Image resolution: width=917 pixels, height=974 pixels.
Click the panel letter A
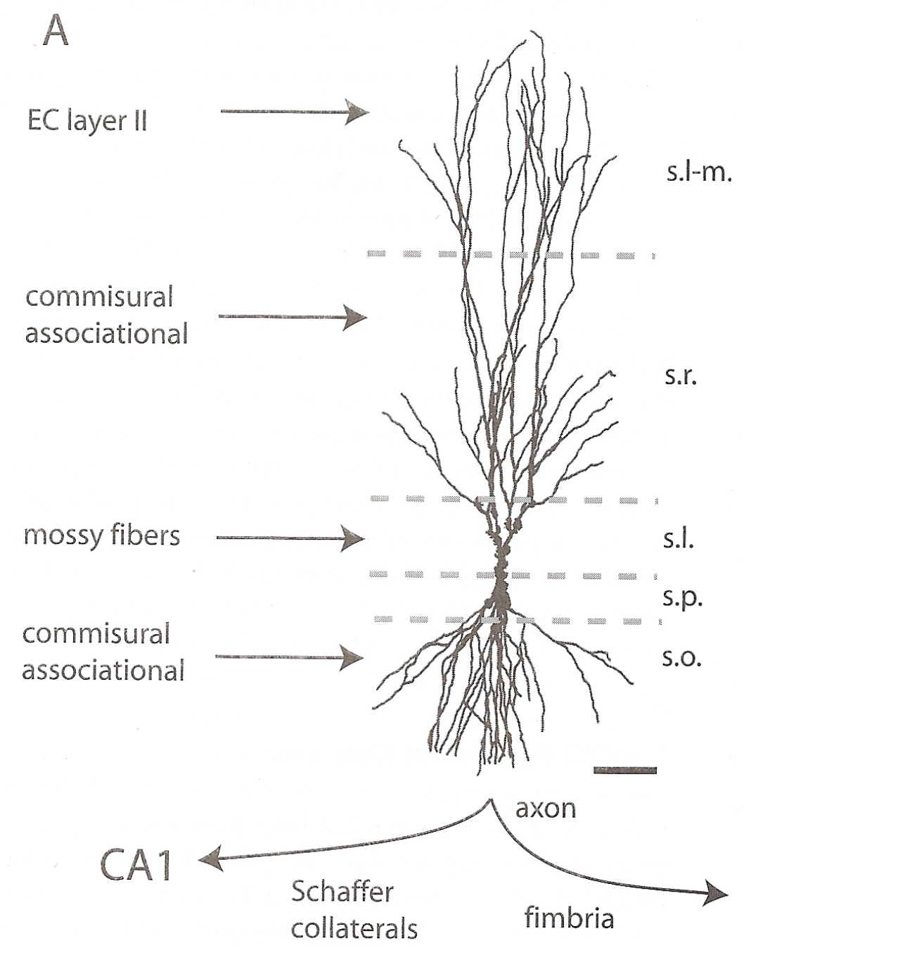(56, 31)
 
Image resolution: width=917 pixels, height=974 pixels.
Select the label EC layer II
(87, 121)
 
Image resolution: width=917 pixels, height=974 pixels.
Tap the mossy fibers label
(102, 536)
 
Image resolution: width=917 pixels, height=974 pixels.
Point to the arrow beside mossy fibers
(290, 539)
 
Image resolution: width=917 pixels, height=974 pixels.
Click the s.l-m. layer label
(699, 172)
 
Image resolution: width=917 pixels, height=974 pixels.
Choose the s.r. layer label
(681, 377)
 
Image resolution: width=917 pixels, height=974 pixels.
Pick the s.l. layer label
(678, 540)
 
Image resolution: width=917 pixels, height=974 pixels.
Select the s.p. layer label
(682, 598)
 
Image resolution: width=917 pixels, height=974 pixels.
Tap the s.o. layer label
(681, 658)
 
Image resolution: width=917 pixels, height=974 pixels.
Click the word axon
(546, 809)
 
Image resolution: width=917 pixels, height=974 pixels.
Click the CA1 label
(136, 865)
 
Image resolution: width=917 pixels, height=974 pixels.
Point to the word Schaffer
(342, 892)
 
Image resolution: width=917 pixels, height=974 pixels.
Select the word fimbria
(569, 918)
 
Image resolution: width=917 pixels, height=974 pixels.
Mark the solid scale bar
(625, 771)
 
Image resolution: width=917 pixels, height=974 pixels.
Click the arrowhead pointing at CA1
(207, 859)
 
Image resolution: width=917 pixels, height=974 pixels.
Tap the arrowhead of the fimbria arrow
(717, 894)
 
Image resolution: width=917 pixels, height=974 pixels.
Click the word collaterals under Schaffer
(354, 929)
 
